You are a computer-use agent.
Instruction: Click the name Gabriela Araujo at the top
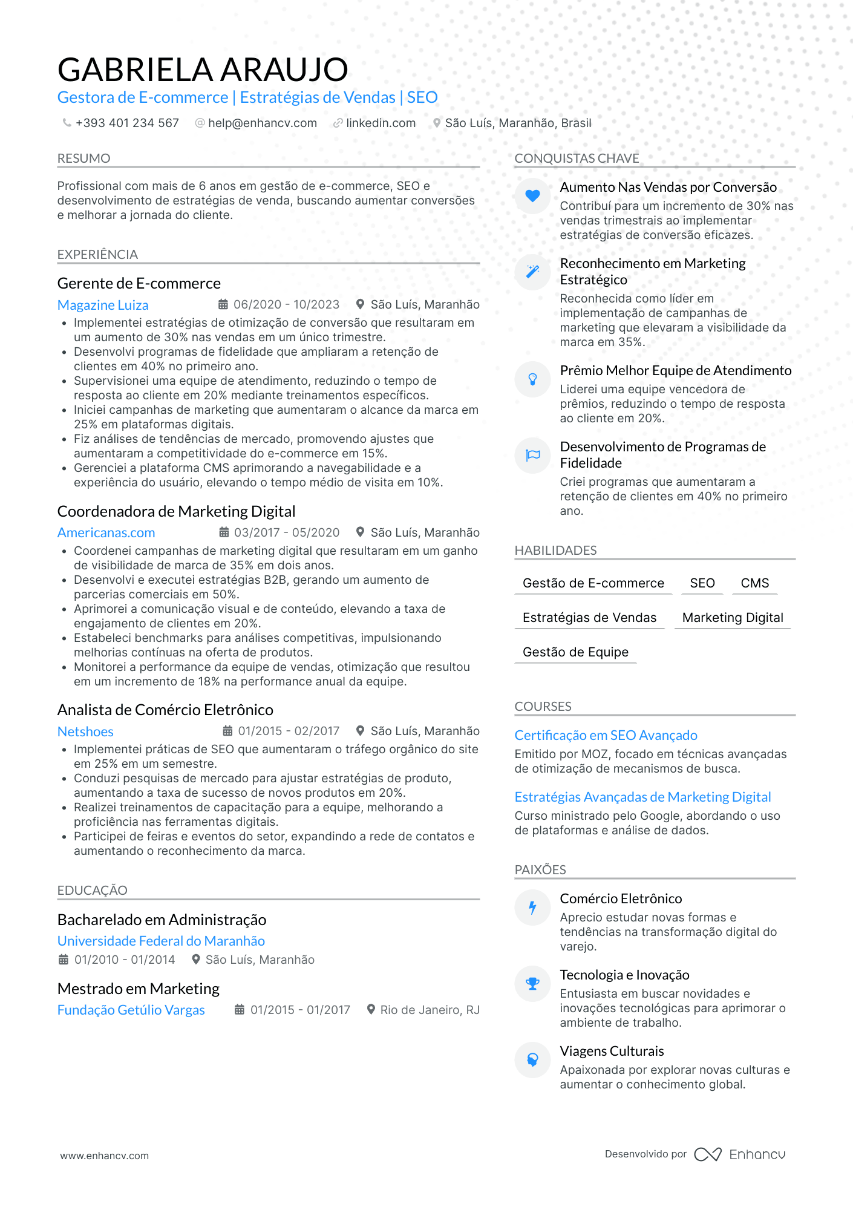pyautogui.click(x=203, y=70)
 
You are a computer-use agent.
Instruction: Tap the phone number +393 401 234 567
pyautogui.click(x=127, y=123)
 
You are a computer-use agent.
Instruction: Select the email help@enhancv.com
pyautogui.click(x=262, y=123)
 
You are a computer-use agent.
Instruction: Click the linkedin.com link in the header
pyautogui.click(x=381, y=123)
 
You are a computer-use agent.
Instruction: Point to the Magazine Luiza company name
pyautogui.click(x=103, y=305)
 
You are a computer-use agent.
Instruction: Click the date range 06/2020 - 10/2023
pyautogui.click(x=286, y=304)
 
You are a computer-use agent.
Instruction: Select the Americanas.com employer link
pyautogui.click(x=106, y=532)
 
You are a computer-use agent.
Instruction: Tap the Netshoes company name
pyautogui.click(x=85, y=731)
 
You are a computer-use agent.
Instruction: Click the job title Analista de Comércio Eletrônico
pyautogui.click(x=165, y=710)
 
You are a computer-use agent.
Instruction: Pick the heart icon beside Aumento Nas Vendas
pyautogui.click(x=532, y=195)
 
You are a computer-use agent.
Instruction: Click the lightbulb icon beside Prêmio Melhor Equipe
pyautogui.click(x=532, y=379)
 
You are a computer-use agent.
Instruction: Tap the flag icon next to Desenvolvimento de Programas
pyautogui.click(x=532, y=455)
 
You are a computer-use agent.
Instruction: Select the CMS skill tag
pyautogui.click(x=754, y=583)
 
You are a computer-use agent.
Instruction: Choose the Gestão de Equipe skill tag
pyautogui.click(x=575, y=652)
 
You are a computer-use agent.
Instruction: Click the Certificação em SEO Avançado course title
pyautogui.click(x=606, y=735)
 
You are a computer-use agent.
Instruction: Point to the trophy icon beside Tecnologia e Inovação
pyautogui.click(x=532, y=984)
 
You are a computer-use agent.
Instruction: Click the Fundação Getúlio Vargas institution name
pyautogui.click(x=131, y=1010)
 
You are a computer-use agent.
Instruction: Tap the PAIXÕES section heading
pyautogui.click(x=540, y=869)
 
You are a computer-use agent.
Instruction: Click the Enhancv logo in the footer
pyautogui.click(x=739, y=1154)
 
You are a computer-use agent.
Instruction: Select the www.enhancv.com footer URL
pyautogui.click(x=104, y=1156)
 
